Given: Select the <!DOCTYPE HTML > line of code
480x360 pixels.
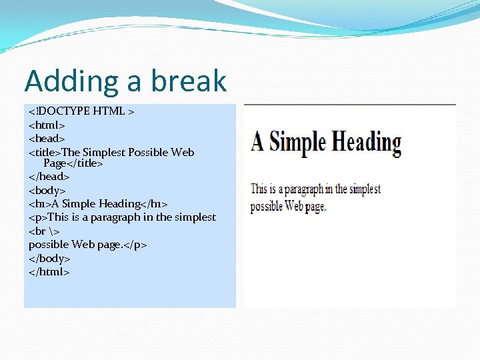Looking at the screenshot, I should pyautogui.click(x=81, y=111).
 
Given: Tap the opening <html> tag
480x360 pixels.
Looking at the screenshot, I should pyautogui.click(x=47, y=125).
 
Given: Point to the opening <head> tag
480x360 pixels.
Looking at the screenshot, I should pyautogui.click(x=47, y=138).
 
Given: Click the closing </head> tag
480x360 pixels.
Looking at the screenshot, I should pyautogui.click(x=49, y=177).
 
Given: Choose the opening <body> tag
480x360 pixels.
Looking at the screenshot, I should pyautogui.click(x=47, y=190).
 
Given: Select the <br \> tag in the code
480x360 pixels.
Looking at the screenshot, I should pyautogui.click(x=43, y=231).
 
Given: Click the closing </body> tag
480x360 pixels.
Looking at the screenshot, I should pyautogui.click(x=49, y=258).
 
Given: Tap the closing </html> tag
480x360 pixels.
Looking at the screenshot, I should pyautogui.click(x=49, y=271).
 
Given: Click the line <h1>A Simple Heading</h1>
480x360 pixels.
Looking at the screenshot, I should pyautogui.click(x=98, y=203).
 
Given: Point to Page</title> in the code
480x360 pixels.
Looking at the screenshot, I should pyautogui.click(x=73, y=163).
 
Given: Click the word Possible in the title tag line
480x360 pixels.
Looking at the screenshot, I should pyautogui.click(x=149, y=152).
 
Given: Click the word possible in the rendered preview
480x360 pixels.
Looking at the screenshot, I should pyautogui.click(x=266, y=206).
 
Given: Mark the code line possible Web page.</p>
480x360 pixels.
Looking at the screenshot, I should pyautogui.click(x=87, y=245).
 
